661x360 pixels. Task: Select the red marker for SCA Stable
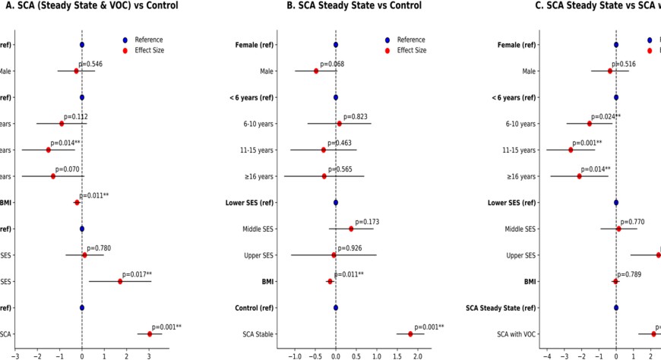tap(410, 334)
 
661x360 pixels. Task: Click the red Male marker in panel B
tap(316, 71)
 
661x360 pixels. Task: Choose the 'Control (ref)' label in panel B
tap(255, 308)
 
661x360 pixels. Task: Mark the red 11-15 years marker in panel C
tap(571, 150)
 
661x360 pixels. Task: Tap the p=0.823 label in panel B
tap(356, 117)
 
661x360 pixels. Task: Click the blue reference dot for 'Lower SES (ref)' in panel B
tap(336, 203)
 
